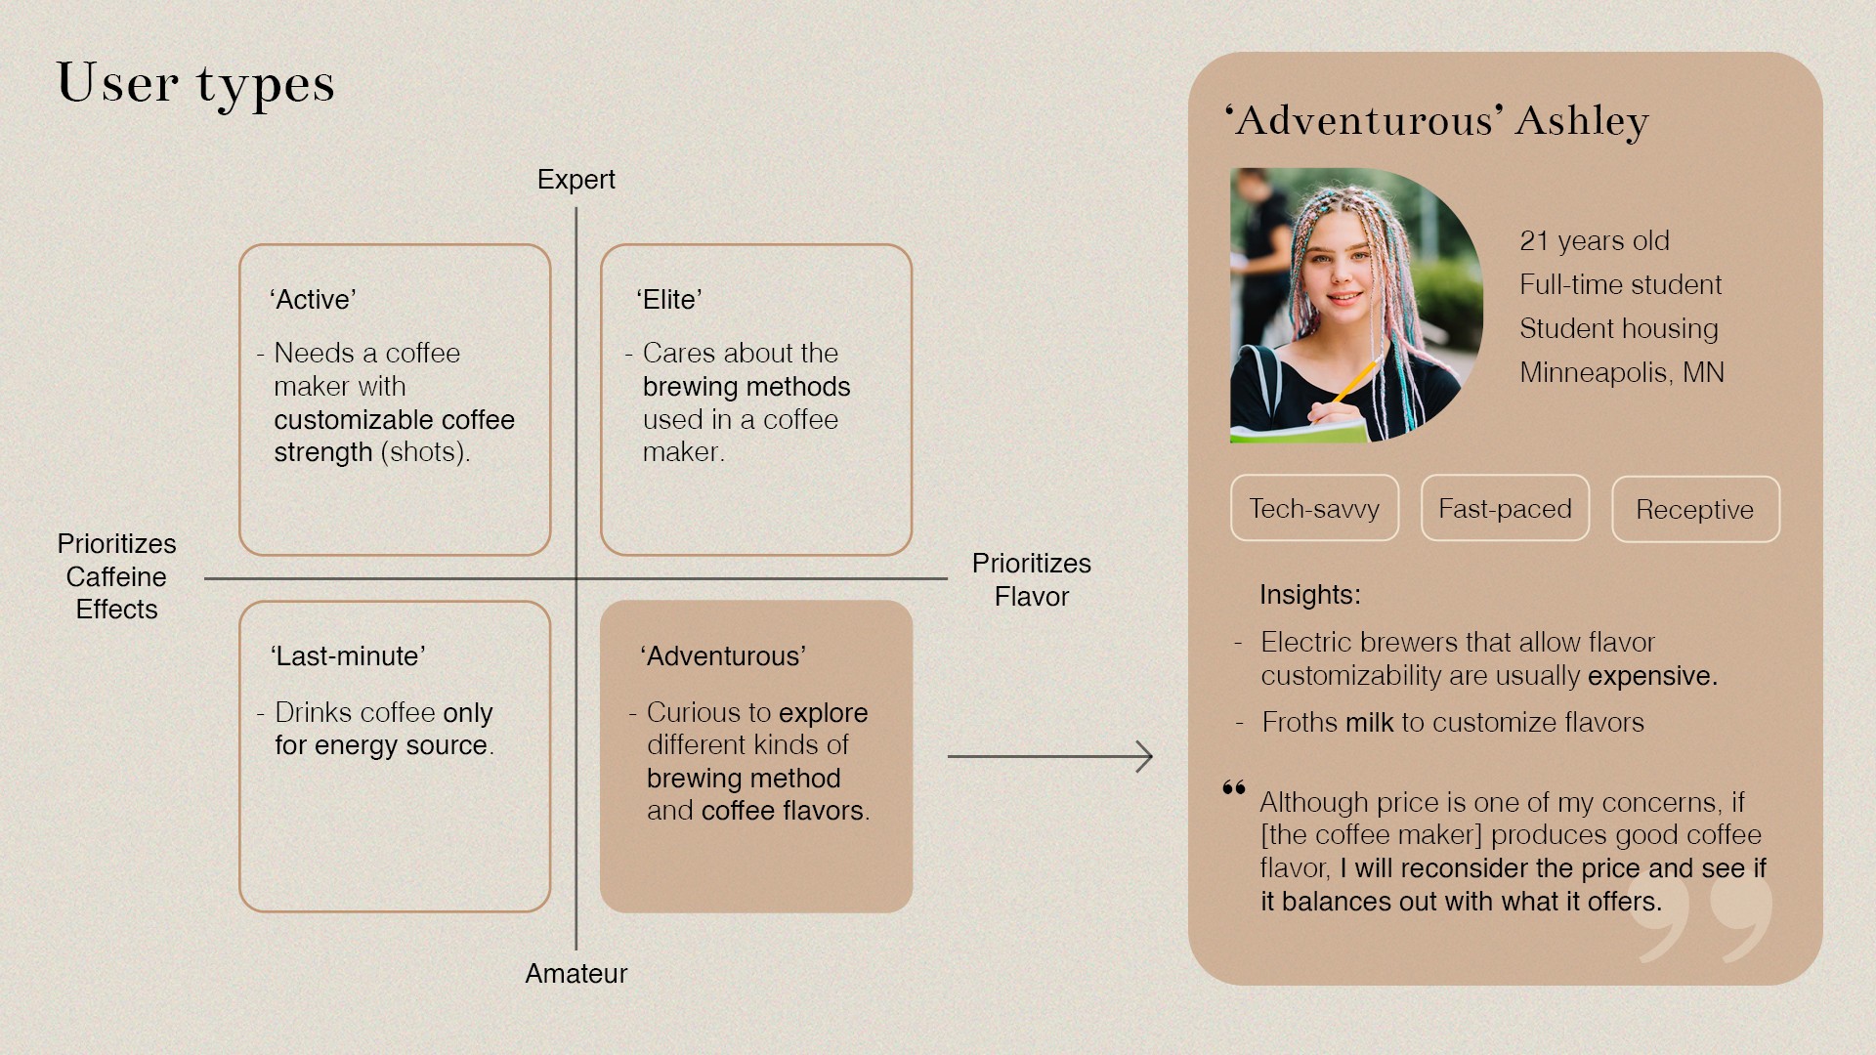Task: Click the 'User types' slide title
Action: click(195, 84)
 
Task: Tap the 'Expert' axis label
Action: click(576, 180)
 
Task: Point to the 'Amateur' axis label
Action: click(576, 973)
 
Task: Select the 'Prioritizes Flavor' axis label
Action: click(1031, 579)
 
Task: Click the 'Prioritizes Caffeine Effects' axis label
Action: click(116, 576)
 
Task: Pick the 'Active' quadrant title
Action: click(313, 300)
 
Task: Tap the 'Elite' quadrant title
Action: click(669, 300)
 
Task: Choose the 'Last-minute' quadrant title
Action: click(348, 656)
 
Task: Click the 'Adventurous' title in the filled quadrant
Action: click(723, 656)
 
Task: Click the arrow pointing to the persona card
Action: click(1050, 756)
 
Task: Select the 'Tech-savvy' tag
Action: click(1314, 509)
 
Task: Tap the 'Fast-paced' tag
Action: click(1505, 509)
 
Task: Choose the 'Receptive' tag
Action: click(1695, 510)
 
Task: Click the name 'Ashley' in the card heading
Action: click(1582, 121)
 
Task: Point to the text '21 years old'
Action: click(1595, 241)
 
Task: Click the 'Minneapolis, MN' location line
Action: click(1622, 373)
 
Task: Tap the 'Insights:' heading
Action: click(1309, 595)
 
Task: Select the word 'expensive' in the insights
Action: click(1650, 676)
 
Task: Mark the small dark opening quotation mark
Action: click(1234, 788)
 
